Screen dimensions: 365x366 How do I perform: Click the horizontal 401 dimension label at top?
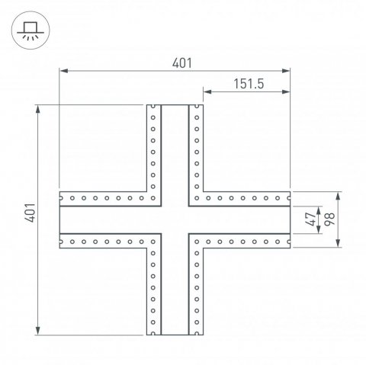pos(175,63)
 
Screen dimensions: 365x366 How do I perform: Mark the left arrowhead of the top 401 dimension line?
pos(63,72)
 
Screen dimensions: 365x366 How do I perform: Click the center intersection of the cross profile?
pos(175,219)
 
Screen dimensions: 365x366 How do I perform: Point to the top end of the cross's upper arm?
pos(175,105)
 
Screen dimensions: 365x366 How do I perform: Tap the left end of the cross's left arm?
pos(60,219)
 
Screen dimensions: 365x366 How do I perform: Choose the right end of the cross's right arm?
pos(290,219)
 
